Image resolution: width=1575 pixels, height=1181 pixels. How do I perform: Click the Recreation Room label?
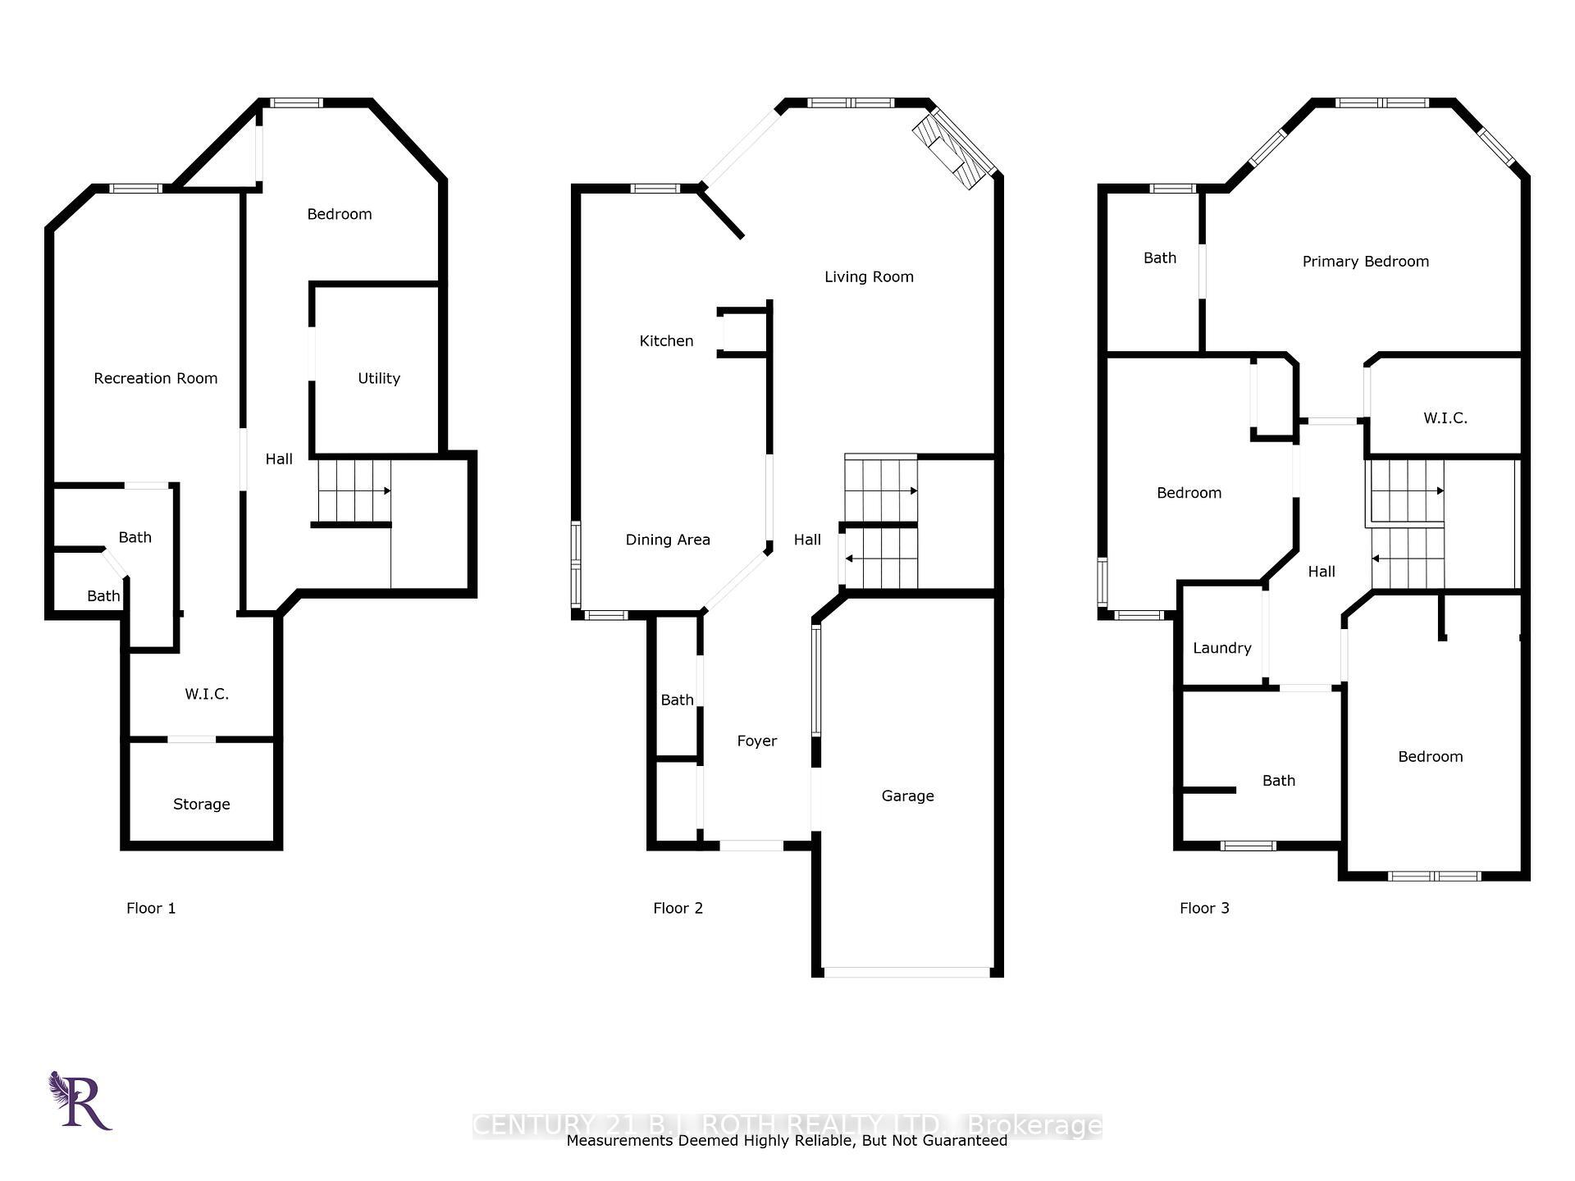pos(155,378)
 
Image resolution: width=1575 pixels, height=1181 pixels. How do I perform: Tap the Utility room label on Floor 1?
pos(378,378)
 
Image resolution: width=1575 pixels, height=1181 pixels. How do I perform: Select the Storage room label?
pos(201,804)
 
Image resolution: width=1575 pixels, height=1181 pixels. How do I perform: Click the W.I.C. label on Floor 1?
pos(206,694)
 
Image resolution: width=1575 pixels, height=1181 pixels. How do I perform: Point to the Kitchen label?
pos(666,340)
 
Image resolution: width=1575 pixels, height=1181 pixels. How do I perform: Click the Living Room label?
pos(869,276)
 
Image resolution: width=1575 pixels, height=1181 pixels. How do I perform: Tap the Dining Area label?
pos(667,540)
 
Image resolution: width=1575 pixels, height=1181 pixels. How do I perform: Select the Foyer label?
pos(756,741)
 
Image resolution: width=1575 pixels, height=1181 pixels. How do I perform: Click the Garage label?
pos(907,796)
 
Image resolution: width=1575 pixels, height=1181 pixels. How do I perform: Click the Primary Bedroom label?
pos(1365,262)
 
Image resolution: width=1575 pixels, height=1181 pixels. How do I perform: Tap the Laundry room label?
pos(1221,648)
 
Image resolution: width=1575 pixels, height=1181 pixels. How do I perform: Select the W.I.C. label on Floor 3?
pos(1445,418)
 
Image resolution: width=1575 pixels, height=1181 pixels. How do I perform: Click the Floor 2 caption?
pos(678,908)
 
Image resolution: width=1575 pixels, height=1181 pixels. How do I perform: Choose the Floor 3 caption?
pos(1203,908)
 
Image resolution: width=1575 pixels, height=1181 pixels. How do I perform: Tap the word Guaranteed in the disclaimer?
pos(965,1141)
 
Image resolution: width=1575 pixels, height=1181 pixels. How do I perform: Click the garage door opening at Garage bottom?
pos(906,973)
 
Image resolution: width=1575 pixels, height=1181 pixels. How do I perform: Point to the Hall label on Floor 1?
pos(279,459)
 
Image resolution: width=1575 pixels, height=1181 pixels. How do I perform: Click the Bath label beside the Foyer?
pos(677,700)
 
